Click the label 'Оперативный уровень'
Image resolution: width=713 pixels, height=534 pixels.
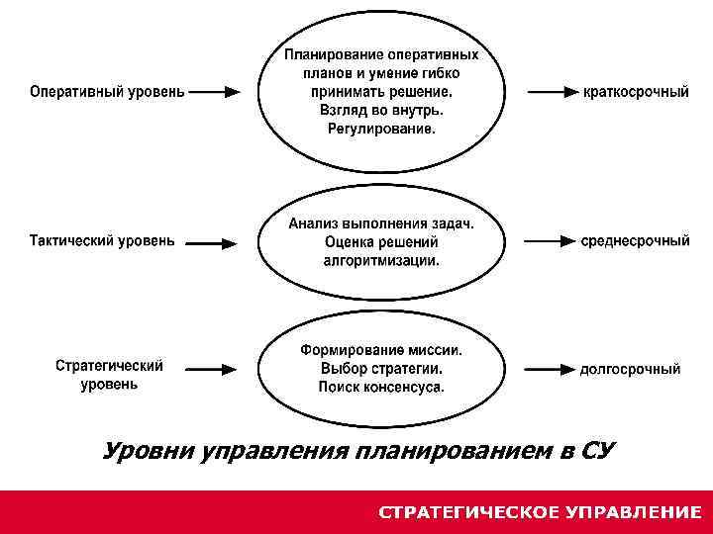click(x=107, y=92)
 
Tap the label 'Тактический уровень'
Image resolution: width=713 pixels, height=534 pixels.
click(x=102, y=240)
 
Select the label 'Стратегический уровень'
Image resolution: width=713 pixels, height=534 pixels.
click(x=109, y=375)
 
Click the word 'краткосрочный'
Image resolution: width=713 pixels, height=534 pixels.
click(x=636, y=92)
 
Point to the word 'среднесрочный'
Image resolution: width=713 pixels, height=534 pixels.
click(x=635, y=240)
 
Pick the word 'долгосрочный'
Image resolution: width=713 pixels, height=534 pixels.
click(x=630, y=370)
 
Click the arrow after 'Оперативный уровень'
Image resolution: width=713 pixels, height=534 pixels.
click(x=215, y=92)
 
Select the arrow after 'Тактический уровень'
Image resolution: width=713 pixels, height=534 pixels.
click(x=211, y=241)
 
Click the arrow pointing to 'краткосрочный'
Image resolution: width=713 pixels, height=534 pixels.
click(x=552, y=92)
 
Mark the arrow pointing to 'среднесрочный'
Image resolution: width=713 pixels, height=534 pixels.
click(x=550, y=240)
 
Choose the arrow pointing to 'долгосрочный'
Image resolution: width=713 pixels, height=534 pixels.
click(x=551, y=370)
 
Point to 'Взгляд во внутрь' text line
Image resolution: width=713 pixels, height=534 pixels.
click(x=381, y=111)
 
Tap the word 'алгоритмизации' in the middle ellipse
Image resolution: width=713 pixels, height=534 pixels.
click(x=381, y=261)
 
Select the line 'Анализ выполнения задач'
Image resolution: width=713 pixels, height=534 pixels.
click(x=381, y=223)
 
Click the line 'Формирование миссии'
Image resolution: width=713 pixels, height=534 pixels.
click(x=381, y=350)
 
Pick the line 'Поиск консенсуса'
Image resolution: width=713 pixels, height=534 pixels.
click(x=381, y=388)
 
